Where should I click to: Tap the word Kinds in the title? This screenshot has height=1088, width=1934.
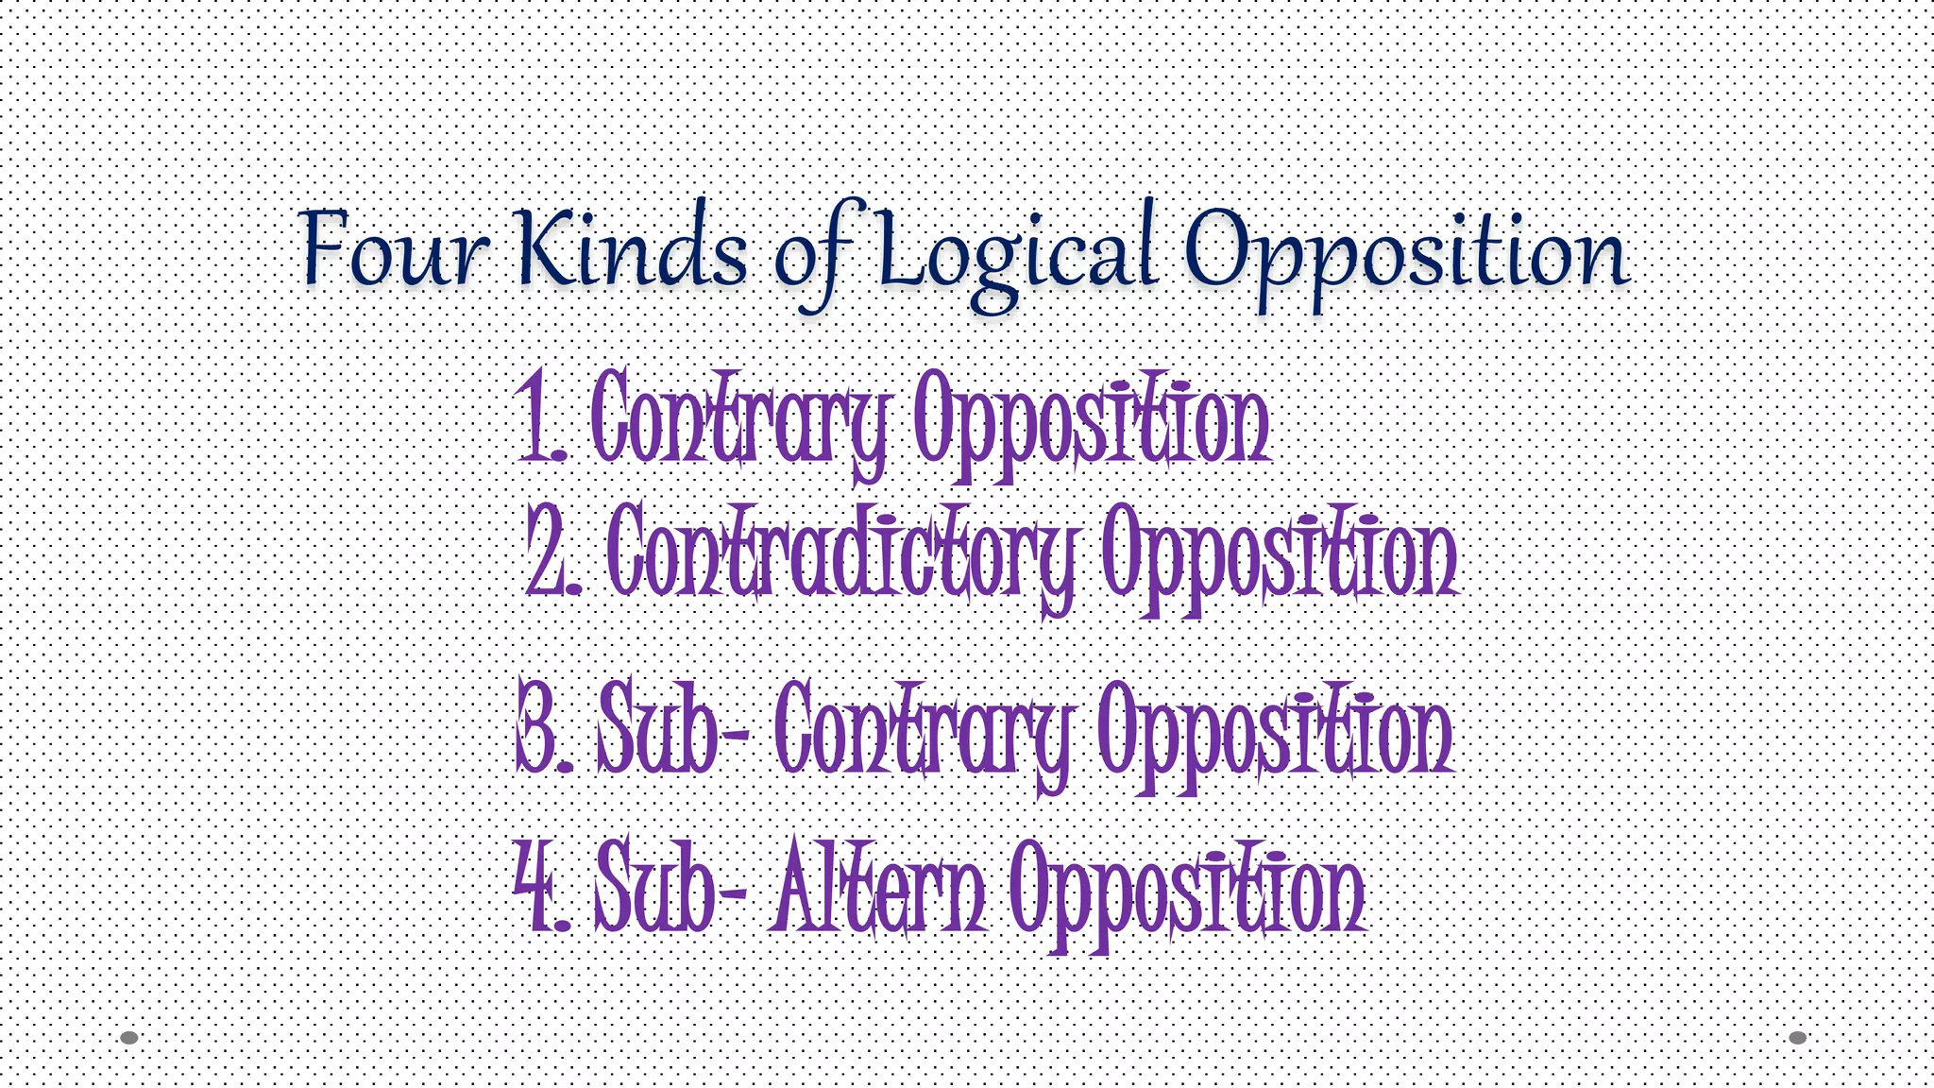(633, 247)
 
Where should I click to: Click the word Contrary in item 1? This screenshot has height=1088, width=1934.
(739, 420)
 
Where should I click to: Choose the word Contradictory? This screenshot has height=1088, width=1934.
(842, 552)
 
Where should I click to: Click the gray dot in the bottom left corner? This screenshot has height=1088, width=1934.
(129, 1037)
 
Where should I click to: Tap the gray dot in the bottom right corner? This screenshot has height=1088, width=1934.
(1798, 1037)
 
